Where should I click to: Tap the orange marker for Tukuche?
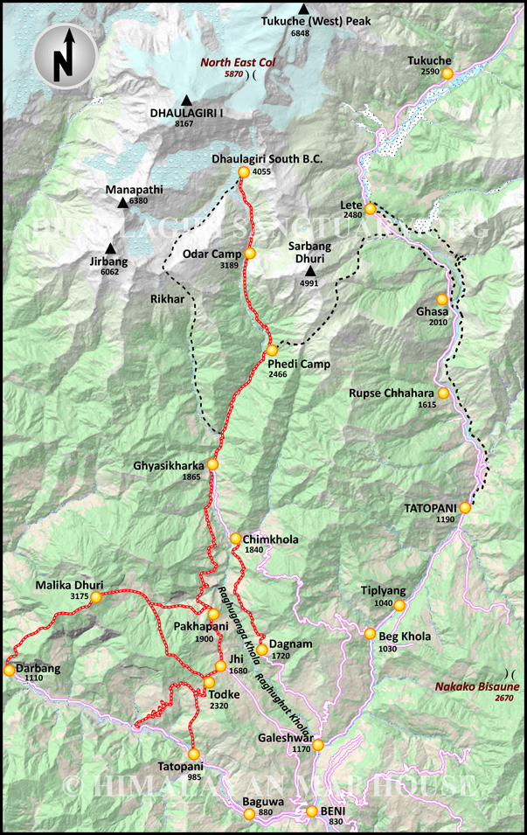pyautogui.click(x=447, y=74)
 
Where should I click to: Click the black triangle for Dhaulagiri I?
pyautogui.click(x=186, y=101)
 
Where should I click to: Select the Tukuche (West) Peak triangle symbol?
pyautogui.click(x=303, y=9)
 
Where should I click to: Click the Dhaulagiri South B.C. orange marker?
pyautogui.click(x=244, y=173)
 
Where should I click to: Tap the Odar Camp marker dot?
pyautogui.click(x=250, y=254)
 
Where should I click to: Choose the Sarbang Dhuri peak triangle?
pyautogui.click(x=309, y=271)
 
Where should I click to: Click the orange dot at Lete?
pyautogui.click(x=371, y=208)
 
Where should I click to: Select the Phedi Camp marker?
pyautogui.click(x=272, y=351)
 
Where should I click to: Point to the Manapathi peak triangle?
pyautogui.click(x=121, y=203)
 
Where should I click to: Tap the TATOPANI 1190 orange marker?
pyautogui.click(x=465, y=507)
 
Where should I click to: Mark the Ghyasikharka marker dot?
pyautogui.click(x=211, y=464)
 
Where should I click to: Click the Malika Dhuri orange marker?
pyautogui.click(x=96, y=596)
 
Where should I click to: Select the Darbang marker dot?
pyautogui.click(x=10, y=671)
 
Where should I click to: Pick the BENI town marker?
pyautogui.click(x=312, y=811)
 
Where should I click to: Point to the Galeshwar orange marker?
pyautogui.click(x=319, y=745)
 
